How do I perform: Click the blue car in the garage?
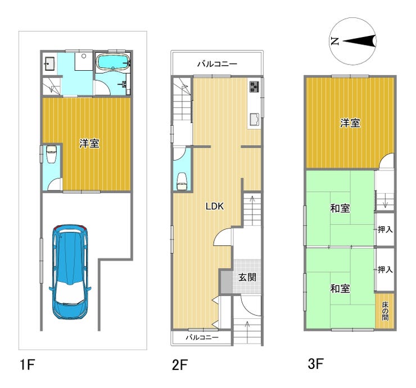[70, 272]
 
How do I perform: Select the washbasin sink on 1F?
[49, 63]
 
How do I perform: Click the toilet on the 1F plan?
[51, 154]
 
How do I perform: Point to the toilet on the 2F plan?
[182, 181]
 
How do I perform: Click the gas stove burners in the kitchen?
[254, 86]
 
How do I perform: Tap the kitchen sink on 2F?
[255, 119]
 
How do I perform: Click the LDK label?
[215, 206]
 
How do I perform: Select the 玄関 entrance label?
[247, 277]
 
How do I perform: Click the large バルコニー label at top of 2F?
[217, 64]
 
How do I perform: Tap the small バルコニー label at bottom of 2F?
[202, 337]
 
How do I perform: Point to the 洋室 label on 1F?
[89, 143]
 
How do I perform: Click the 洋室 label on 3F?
[350, 123]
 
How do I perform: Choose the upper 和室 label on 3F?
[340, 208]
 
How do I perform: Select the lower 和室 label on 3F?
[340, 289]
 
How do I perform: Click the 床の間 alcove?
[385, 311]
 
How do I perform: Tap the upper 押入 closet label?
[385, 229]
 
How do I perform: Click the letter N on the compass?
[335, 41]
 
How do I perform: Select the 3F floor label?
[316, 363]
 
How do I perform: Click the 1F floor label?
[28, 364]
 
